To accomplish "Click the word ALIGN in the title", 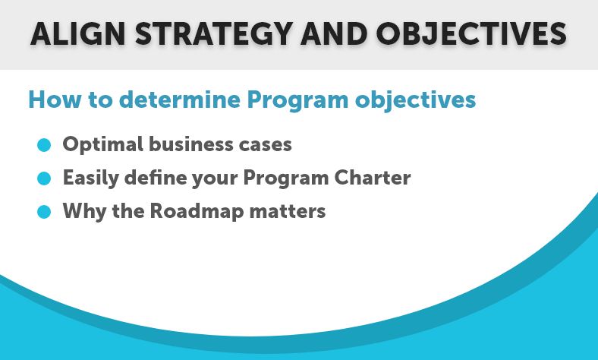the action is (x=78, y=34).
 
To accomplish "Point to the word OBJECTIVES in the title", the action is (x=471, y=34).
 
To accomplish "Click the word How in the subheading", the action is (x=55, y=99).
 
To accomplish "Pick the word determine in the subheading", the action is (x=180, y=99).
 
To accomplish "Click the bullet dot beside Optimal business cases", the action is (x=44, y=145).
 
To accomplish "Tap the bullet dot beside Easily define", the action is (x=44, y=178).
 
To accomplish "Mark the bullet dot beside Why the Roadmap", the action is (x=44, y=211).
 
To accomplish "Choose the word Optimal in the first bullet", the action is (x=103, y=145).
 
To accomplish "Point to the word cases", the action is (x=266, y=146).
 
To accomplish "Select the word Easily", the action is (x=91, y=178).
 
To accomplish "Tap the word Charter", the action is (x=373, y=178).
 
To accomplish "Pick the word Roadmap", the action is (x=197, y=211).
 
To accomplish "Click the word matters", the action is (x=288, y=211).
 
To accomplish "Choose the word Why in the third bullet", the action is (x=85, y=211).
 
